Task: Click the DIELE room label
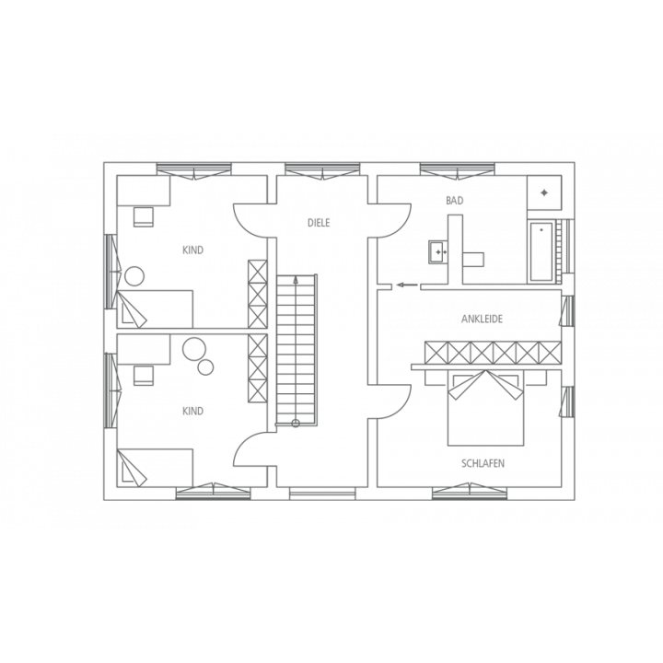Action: pyautogui.click(x=319, y=223)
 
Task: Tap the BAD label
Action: pyautogui.click(x=455, y=201)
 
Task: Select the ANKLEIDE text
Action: pyautogui.click(x=482, y=319)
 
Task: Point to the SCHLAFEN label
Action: pyautogui.click(x=483, y=463)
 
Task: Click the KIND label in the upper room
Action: pyautogui.click(x=192, y=250)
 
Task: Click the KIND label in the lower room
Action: pyautogui.click(x=192, y=411)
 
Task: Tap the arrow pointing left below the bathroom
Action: pyautogui.click(x=407, y=285)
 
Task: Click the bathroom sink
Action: pyautogui.click(x=439, y=252)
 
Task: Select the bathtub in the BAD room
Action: pyautogui.click(x=541, y=250)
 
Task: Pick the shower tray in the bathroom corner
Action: pyautogui.click(x=544, y=192)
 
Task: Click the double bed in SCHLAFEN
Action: pyautogui.click(x=486, y=408)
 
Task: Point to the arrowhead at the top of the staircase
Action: pyautogui.click(x=296, y=279)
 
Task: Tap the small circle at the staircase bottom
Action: pyautogui.click(x=296, y=424)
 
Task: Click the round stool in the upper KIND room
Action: pyautogui.click(x=134, y=276)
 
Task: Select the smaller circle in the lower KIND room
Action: pyautogui.click(x=206, y=366)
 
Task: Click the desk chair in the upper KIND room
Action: pyautogui.click(x=144, y=217)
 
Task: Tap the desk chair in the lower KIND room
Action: pyautogui.click(x=144, y=376)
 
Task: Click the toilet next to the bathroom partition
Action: pyautogui.click(x=473, y=260)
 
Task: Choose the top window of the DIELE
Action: pyautogui.click(x=322, y=169)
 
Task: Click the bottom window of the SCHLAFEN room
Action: pyautogui.click(x=470, y=493)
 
